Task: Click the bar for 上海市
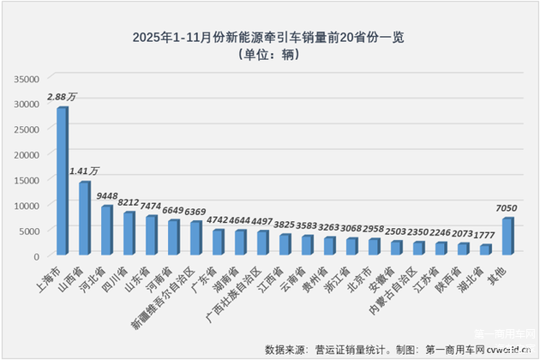[x=63, y=182]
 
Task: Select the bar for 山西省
[x=85, y=219]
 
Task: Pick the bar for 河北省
[x=107, y=231]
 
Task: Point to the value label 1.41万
[x=85, y=171]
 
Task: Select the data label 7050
[x=507, y=208]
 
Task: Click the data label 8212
[x=129, y=202]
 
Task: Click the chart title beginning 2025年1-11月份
[x=270, y=37]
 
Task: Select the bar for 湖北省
[x=485, y=250]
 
